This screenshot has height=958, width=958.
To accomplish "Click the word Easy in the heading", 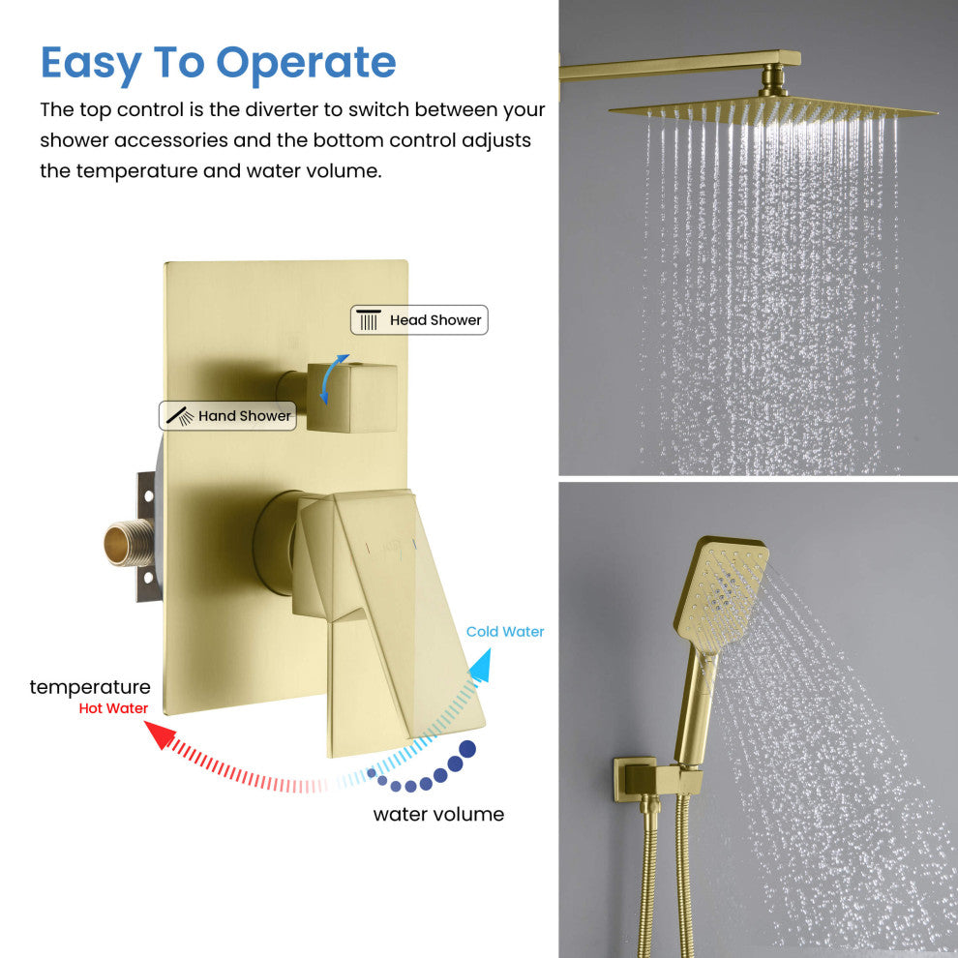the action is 91,64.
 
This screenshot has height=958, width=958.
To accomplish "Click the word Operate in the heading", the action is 306,64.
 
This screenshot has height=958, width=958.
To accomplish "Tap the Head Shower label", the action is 419,320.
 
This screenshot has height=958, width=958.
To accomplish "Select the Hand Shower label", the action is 227,416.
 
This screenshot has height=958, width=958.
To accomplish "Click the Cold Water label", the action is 505,632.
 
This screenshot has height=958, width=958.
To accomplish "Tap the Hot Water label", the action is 113,708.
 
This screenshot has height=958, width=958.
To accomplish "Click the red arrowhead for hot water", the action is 160,734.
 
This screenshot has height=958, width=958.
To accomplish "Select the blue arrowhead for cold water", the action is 481,666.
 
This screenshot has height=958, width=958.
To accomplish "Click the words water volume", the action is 438,815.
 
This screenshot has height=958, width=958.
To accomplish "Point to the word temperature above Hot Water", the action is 90,687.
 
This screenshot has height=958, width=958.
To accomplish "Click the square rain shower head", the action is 773,111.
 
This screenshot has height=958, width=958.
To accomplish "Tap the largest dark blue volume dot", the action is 467,749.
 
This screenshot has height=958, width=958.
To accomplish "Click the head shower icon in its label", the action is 369,320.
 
